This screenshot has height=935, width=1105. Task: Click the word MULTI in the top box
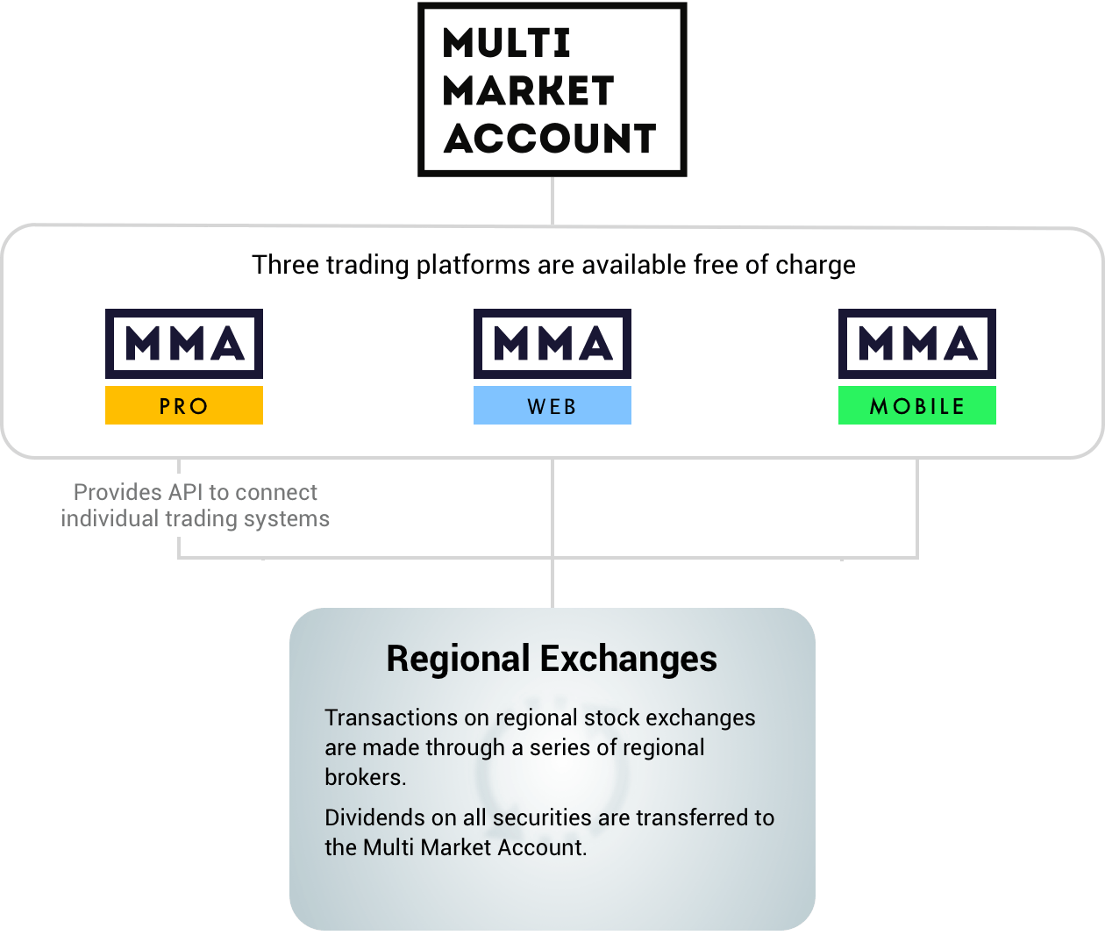tap(507, 43)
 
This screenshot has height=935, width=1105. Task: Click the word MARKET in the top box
tap(527, 90)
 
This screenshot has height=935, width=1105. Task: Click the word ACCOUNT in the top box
tap(550, 139)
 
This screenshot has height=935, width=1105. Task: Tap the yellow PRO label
tap(184, 406)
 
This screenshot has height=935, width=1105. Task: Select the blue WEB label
tap(552, 406)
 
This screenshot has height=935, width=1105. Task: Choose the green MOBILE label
tap(917, 406)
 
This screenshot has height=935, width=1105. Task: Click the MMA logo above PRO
tap(184, 344)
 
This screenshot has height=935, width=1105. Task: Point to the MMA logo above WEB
tap(552, 344)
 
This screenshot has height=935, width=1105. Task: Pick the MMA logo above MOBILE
tap(917, 344)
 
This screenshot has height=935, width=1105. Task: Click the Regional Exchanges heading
tap(552, 659)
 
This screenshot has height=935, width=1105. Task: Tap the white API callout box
tap(194, 505)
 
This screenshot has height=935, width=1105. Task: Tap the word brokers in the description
tap(364, 777)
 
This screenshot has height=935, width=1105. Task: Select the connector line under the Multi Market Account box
tap(552, 201)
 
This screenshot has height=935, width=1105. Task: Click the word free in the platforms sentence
tap(716, 265)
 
